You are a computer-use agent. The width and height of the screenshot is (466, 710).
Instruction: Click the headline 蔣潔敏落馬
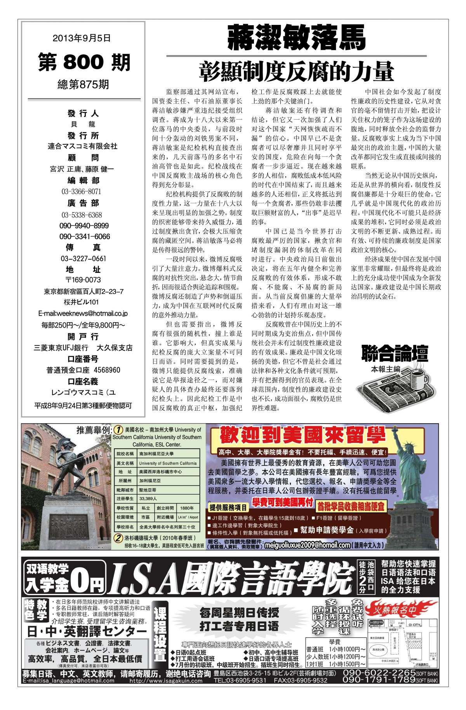(296, 38)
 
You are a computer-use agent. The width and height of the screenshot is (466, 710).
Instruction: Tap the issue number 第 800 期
(84, 62)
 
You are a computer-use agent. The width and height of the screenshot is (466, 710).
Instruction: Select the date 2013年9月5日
(82, 38)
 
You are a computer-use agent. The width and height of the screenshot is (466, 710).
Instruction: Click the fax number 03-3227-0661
(83, 259)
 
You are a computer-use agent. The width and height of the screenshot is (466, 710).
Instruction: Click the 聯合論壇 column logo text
(395, 353)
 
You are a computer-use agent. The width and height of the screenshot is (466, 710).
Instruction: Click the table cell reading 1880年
(187, 508)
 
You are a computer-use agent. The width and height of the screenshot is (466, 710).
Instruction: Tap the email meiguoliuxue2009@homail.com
(307, 545)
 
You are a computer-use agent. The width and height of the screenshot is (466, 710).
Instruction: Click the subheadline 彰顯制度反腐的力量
(296, 71)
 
